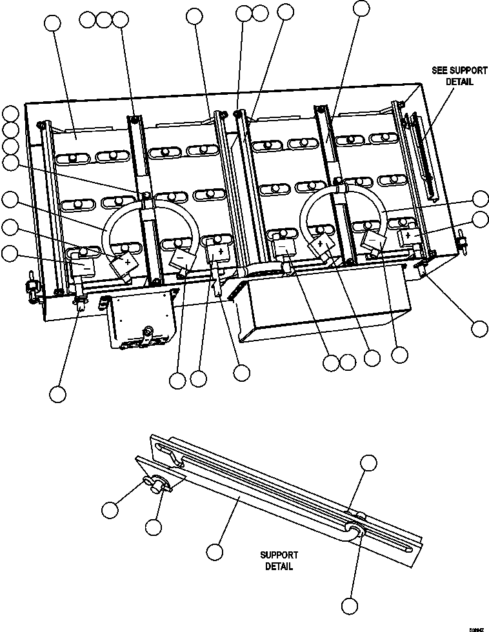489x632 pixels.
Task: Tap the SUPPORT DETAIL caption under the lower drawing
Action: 279,560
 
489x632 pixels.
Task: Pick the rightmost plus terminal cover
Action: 410,237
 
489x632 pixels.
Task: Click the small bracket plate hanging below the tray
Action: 140,321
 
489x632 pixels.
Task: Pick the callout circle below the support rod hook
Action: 349,606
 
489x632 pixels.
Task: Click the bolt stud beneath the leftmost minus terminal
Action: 81,302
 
